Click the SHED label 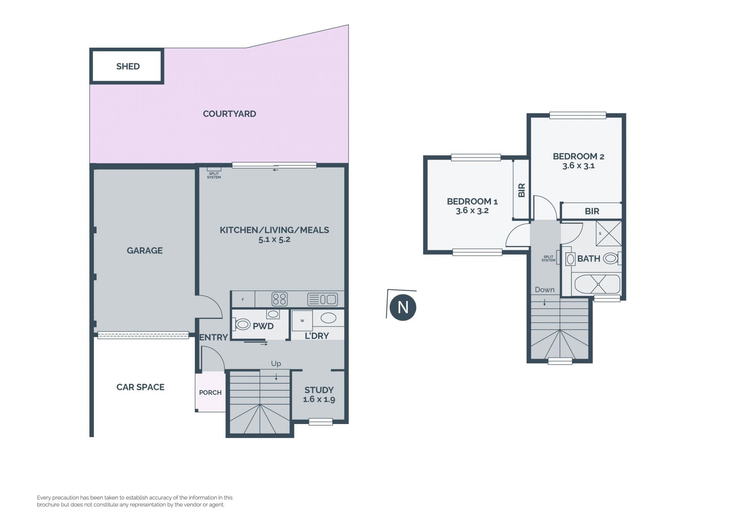coord(128,67)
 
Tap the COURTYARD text coord(230,114)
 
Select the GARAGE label coord(145,251)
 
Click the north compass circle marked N coord(403,308)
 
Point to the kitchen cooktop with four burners coord(279,299)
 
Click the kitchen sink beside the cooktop coord(322,299)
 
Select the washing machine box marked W coord(302,321)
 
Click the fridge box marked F coord(243,299)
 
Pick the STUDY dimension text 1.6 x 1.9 coord(319,400)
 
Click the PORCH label coord(210,393)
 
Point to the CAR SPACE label coord(140,387)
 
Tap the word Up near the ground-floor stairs coord(276,364)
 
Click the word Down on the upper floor coord(545,290)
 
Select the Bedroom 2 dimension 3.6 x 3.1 coord(579,166)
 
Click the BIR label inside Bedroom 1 coord(521,190)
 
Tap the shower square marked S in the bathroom coord(609,233)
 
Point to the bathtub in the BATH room coord(597,284)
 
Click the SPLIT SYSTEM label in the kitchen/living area coord(214,176)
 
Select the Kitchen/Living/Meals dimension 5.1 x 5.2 coord(274,239)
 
